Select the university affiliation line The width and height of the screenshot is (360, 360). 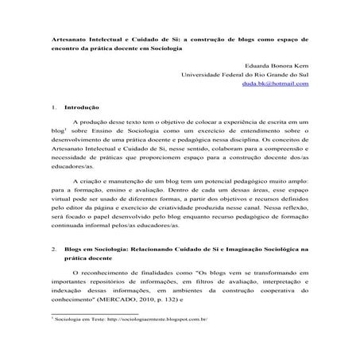[x=246, y=75]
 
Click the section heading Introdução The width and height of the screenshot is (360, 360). [x=79, y=106]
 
